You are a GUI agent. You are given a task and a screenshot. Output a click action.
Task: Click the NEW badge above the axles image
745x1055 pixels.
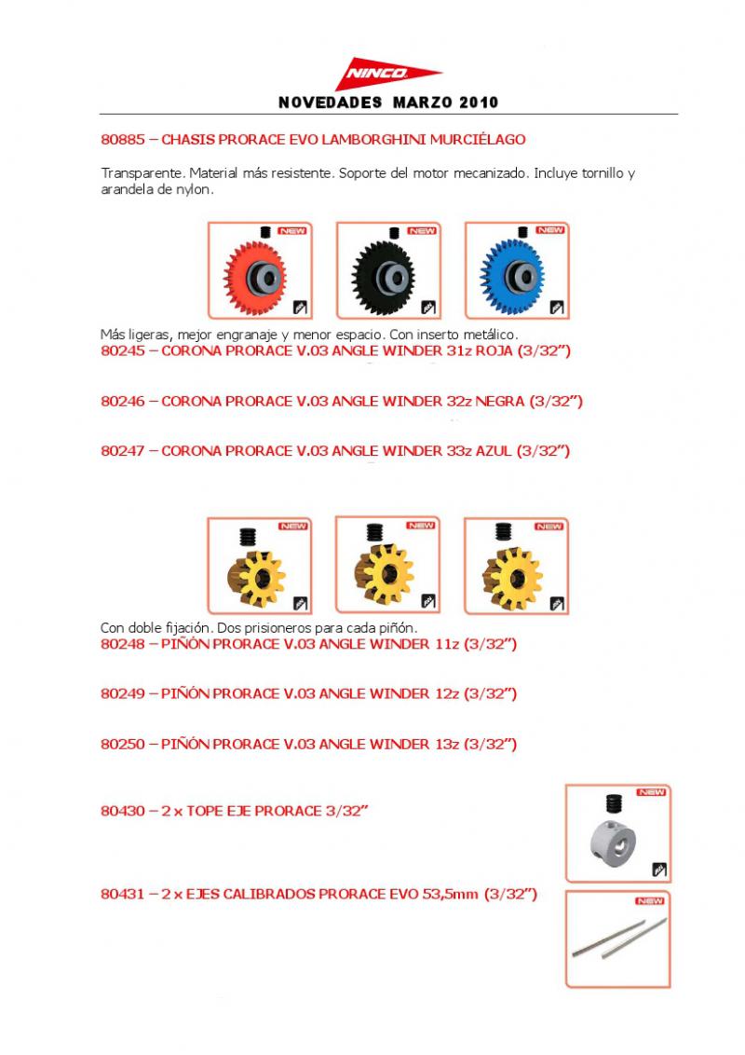pyautogui.click(x=650, y=901)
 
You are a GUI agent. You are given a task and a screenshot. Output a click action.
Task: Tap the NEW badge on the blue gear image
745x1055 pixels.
pyautogui.click(x=549, y=230)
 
